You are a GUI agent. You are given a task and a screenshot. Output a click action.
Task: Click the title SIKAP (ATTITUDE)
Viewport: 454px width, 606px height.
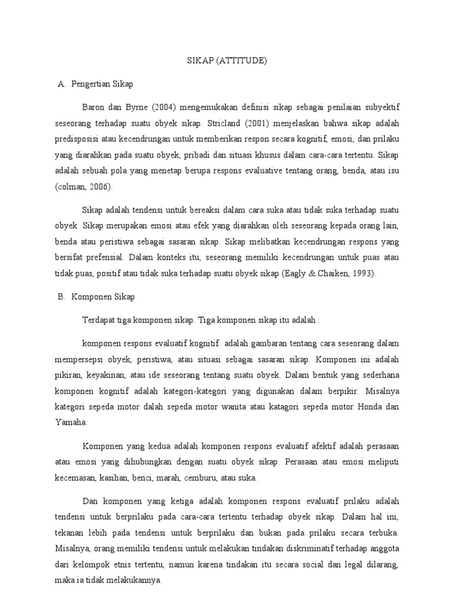click(227, 60)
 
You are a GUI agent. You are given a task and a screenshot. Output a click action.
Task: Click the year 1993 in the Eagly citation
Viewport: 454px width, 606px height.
click(362, 274)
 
